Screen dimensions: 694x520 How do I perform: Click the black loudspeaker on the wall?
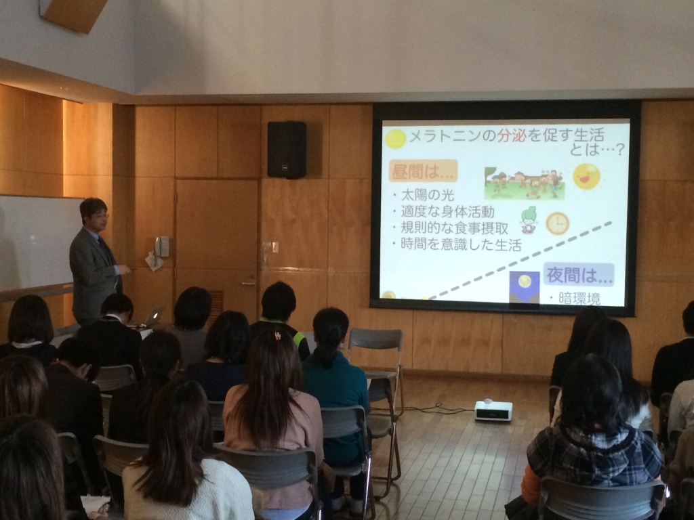pos(287,150)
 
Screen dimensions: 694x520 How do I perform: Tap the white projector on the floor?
pos(493,410)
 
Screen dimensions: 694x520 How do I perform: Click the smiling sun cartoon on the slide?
pos(586,176)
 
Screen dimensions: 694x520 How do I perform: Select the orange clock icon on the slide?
pos(557,223)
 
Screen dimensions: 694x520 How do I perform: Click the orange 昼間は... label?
pos(423,171)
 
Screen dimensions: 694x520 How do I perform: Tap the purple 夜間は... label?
pos(579,275)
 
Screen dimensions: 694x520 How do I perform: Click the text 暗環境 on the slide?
pos(579,299)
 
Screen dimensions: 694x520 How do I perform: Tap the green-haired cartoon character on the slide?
pos(528,219)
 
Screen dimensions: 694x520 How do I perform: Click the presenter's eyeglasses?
pos(100,216)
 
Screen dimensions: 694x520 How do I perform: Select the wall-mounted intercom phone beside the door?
pos(163,246)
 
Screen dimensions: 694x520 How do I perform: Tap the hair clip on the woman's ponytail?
pos(277,336)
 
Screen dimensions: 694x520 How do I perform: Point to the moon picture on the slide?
pos(525,284)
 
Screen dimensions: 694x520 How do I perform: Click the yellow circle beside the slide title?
pos(395,138)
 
